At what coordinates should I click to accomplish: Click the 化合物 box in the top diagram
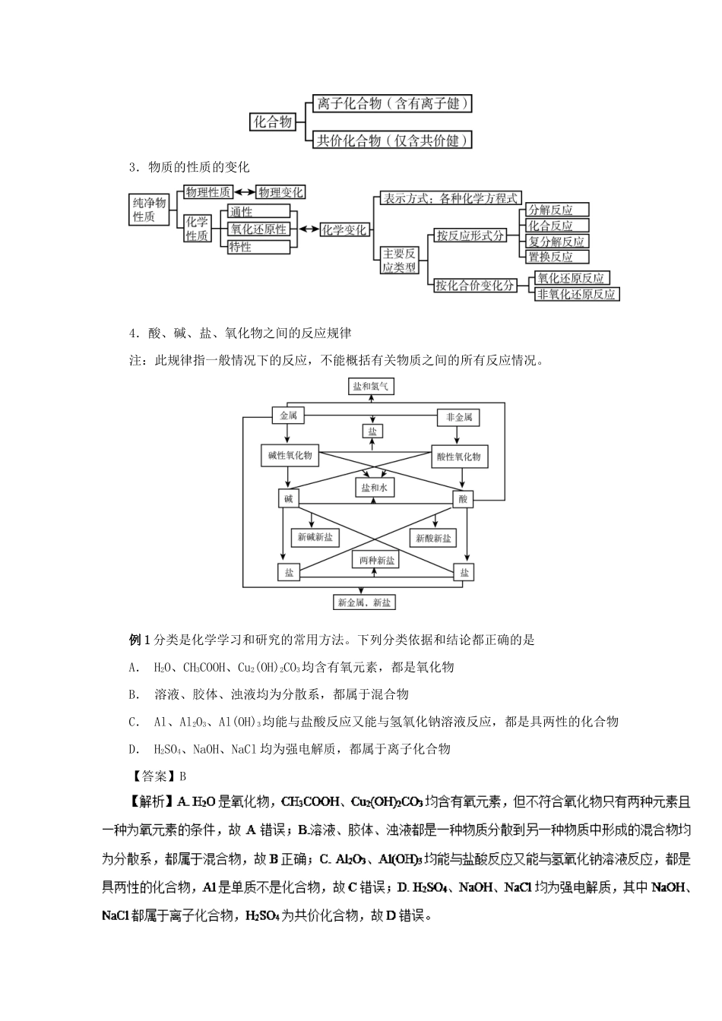click(x=273, y=122)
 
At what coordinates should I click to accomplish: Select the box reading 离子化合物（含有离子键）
click(x=392, y=103)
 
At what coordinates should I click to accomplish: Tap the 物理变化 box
click(x=280, y=192)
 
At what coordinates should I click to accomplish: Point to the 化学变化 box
click(x=344, y=229)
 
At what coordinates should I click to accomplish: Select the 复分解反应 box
click(x=557, y=241)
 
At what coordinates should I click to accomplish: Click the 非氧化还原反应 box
click(x=576, y=294)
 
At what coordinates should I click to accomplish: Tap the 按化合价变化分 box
click(x=474, y=286)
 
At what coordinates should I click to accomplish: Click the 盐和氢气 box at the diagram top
click(x=372, y=387)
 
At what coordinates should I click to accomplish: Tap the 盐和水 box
click(x=374, y=488)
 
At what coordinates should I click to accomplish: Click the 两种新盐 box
click(x=374, y=560)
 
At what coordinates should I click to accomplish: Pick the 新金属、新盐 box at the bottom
click(x=364, y=602)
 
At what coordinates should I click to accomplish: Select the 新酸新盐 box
click(x=433, y=538)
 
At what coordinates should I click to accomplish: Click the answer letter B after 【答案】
click(x=182, y=776)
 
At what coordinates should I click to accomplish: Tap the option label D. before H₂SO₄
click(x=135, y=748)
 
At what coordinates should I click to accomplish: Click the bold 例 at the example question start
click(x=135, y=640)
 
